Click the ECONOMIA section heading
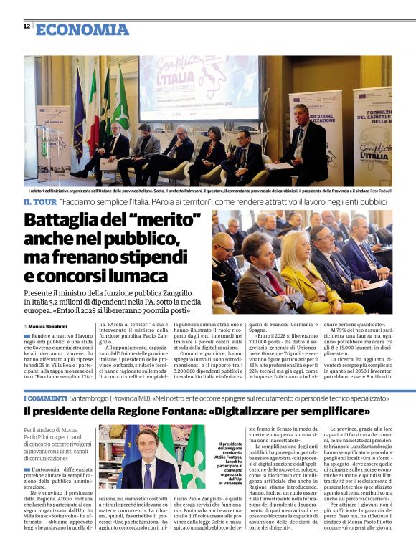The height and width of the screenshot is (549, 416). coord(82,29)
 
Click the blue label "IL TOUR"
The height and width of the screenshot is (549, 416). coord(40,203)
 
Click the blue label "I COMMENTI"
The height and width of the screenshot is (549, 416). coord(46,397)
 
